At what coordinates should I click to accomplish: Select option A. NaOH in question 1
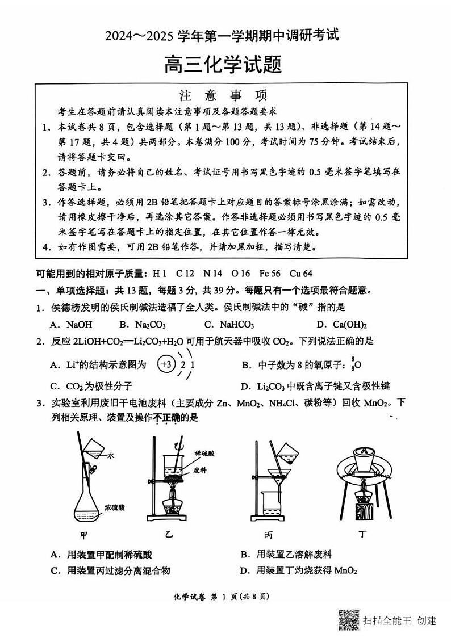(71, 325)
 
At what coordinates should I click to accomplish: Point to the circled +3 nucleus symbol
(166, 365)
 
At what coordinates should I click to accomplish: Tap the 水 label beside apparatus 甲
(111, 455)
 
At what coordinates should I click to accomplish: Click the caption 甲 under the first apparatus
(83, 535)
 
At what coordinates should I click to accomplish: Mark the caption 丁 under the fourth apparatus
(362, 535)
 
